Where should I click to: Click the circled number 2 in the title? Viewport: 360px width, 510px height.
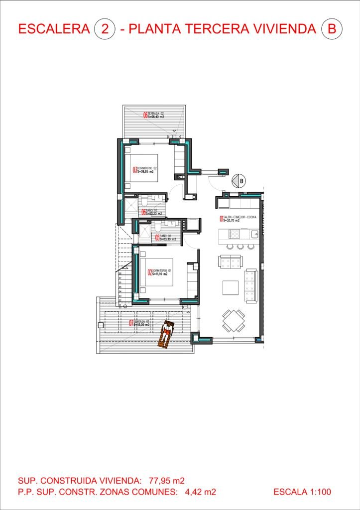105,29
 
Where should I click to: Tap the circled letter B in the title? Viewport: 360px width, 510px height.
332,29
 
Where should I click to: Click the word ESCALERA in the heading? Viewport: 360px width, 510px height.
54,29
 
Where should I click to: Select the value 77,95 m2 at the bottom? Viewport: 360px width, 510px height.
166,481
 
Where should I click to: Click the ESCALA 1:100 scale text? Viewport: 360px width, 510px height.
302,492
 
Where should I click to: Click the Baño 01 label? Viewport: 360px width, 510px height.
165,238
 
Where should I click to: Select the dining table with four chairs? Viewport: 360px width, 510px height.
234,321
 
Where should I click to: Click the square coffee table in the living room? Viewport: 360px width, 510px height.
230,288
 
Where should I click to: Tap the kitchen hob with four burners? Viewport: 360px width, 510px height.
234,233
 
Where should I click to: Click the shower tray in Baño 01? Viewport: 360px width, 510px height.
144,233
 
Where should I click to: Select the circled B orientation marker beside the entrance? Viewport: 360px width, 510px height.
241,181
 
